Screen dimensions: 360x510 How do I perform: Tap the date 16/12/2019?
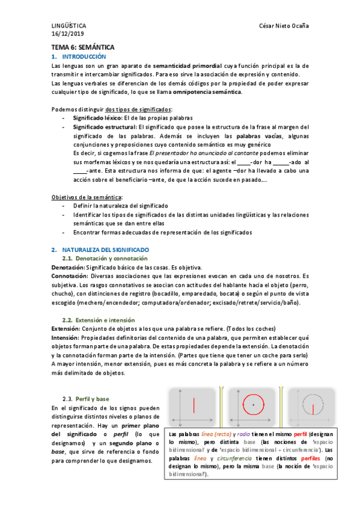coord(66,34)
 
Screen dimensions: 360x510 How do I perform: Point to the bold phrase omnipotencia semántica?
coord(207,92)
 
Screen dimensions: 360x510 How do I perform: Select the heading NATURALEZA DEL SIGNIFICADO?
coord(106,249)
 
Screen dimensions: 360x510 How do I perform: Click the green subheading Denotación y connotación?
coord(109,258)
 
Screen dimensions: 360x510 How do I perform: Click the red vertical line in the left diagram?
coord(193,405)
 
